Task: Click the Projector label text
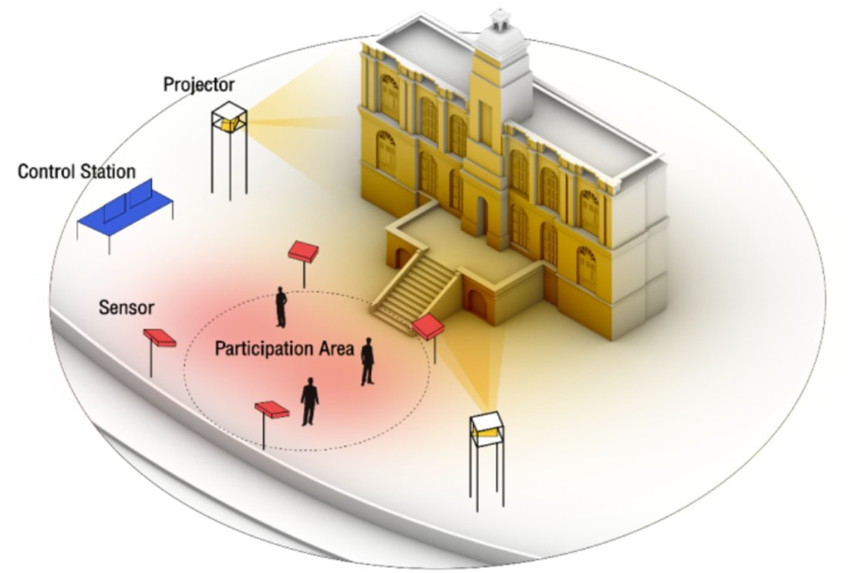pos(199,85)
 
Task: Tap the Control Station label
pos(76,172)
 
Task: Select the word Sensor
pos(127,308)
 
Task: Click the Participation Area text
pos(284,348)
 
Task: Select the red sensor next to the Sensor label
pos(159,337)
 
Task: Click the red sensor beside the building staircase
pos(429,326)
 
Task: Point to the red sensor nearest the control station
pos(303,251)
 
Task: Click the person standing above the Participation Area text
pos(282,307)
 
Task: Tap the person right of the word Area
pos(367,362)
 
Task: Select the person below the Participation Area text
pos(310,401)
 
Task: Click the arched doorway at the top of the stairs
pos(481,216)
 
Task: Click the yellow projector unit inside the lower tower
pos(485,432)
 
